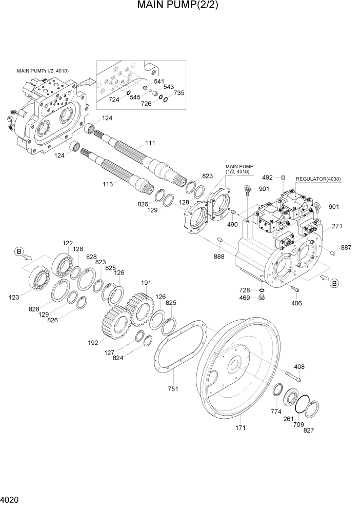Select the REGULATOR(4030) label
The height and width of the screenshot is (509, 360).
(x=318, y=179)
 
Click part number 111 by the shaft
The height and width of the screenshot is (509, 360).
(x=150, y=144)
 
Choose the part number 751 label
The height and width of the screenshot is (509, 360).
(x=173, y=389)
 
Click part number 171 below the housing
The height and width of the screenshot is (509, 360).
(x=240, y=427)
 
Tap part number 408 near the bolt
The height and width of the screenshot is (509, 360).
(x=299, y=366)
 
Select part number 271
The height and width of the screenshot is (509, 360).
(x=337, y=226)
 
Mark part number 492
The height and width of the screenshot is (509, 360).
(x=267, y=178)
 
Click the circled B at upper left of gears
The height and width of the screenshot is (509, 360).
(x=19, y=251)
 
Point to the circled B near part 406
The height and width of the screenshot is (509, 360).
(x=334, y=283)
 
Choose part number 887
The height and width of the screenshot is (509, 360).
(x=346, y=248)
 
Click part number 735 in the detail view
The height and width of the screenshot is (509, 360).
(x=178, y=93)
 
